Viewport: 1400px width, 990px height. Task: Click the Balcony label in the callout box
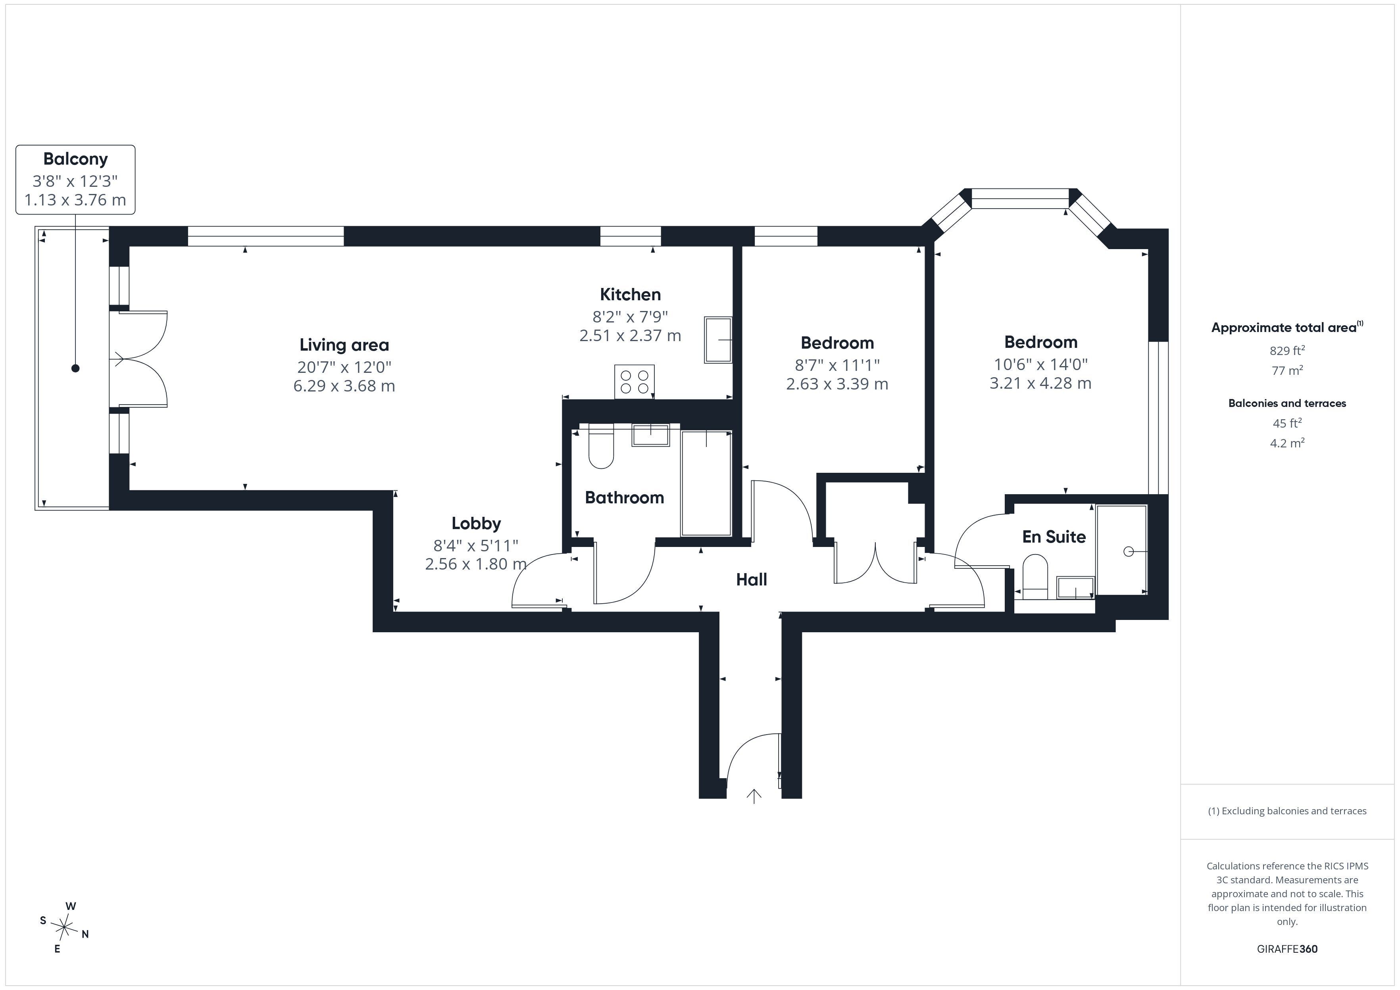(76, 159)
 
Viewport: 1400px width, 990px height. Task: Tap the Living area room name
(344, 345)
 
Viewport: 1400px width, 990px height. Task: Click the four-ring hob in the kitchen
(634, 382)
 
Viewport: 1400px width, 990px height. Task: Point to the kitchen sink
(718, 340)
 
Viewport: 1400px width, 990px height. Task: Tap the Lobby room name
(476, 523)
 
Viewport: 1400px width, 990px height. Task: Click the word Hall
(751, 580)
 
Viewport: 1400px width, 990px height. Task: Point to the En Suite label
(1054, 537)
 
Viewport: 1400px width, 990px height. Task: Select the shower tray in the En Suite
(1121, 550)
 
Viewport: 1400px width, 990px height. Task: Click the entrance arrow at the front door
(754, 796)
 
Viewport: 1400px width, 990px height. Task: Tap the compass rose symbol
(64, 928)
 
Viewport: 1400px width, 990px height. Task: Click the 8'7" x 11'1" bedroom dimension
(837, 365)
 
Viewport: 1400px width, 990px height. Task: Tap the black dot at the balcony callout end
(76, 368)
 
